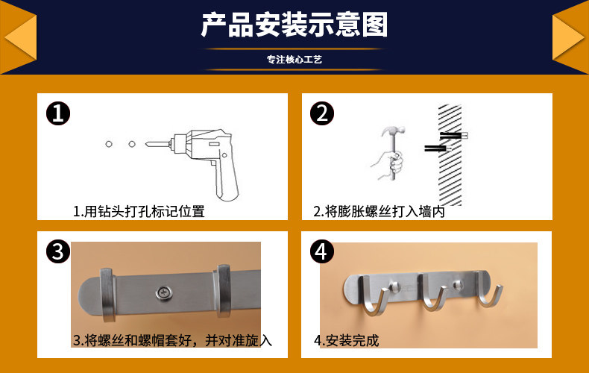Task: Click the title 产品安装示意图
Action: click(x=294, y=25)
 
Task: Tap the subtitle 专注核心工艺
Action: click(x=294, y=60)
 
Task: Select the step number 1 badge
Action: click(x=58, y=113)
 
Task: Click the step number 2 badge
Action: click(x=322, y=113)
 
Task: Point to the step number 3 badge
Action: click(x=58, y=251)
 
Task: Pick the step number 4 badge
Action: click(x=322, y=251)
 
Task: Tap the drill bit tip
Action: click(x=146, y=144)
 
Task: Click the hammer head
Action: click(x=393, y=131)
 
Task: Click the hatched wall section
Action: click(x=450, y=155)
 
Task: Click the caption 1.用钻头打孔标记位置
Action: click(x=139, y=211)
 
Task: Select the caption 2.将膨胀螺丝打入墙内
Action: click(x=379, y=211)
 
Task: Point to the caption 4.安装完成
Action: click(x=347, y=340)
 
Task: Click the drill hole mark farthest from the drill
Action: click(x=109, y=144)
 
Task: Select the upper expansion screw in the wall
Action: click(x=454, y=135)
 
